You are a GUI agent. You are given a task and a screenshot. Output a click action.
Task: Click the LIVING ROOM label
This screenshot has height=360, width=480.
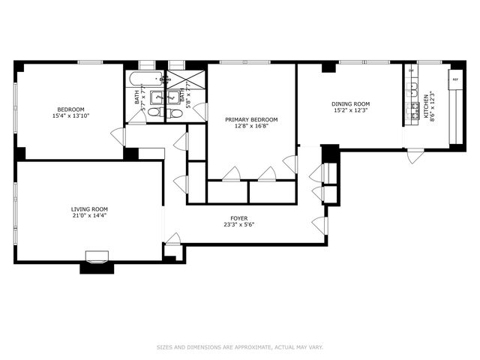point(89,209)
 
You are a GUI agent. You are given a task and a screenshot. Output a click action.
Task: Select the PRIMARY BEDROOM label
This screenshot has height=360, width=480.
point(251,119)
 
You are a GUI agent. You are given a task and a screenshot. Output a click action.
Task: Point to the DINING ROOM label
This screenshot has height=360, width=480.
point(351,104)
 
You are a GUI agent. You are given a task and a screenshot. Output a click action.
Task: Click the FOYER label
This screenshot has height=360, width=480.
point(239,217)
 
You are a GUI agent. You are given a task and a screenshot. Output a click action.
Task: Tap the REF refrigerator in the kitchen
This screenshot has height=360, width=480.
point(454,78)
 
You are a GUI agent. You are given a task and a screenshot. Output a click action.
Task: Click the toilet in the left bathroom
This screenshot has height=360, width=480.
point(153,112)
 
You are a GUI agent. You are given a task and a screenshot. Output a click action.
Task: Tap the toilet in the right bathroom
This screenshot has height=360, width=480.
point(175,113)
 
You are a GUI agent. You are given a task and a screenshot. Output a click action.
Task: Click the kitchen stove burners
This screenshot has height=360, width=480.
point(411,113)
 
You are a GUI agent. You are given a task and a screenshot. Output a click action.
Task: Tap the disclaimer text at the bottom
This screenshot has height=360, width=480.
point(239,347)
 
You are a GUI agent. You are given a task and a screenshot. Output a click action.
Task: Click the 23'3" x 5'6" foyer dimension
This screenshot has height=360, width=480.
point(239,225)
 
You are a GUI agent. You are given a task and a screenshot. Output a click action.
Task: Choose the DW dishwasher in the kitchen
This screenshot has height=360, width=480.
point(410,71)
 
